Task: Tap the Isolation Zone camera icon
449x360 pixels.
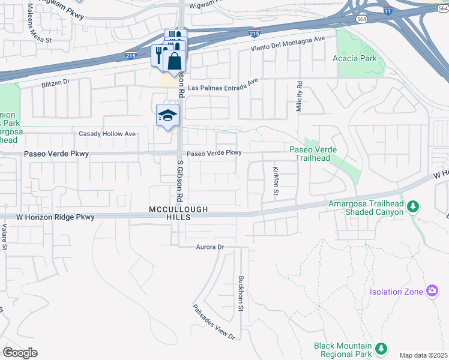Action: [432, 292]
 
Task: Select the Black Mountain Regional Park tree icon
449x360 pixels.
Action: [380, 349]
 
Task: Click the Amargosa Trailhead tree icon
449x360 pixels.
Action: [412, 207]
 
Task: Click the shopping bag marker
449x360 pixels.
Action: [174, 61]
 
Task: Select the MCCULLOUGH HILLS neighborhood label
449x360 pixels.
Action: [178, 213]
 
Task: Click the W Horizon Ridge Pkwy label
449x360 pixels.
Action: [47, 217]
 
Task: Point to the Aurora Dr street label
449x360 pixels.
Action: [209, 247]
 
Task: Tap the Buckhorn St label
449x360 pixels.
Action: [240, 293]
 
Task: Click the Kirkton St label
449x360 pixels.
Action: [276, 181]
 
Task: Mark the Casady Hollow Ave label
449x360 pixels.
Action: [107, 134]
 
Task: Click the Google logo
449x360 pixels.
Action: [20, 353]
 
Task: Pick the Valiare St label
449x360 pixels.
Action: [4, 237]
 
